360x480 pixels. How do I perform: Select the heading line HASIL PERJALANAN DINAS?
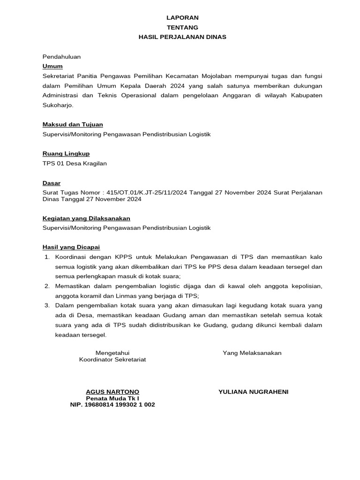[x=182, y=37]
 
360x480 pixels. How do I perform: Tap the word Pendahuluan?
[x=61, y=57]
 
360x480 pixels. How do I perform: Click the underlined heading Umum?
[x=52, y=66]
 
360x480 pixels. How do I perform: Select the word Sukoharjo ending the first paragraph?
[x=58, y=105]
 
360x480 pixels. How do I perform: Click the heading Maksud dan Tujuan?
[x=73, y=124]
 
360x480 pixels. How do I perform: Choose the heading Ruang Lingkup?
[x=66, y=153]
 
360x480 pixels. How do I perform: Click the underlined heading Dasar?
[x=52, y=183]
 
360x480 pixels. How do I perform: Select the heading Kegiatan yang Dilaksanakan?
[x=86, y=218]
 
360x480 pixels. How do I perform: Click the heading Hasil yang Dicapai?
[x=71, y=247]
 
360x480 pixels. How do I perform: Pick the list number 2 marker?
[x=47, y=286]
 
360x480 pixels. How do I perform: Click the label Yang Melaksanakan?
[x=252, y=353]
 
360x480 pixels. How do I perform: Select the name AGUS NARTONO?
[x=112, y=391]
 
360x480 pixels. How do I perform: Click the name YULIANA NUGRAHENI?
[x=253, y=391]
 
